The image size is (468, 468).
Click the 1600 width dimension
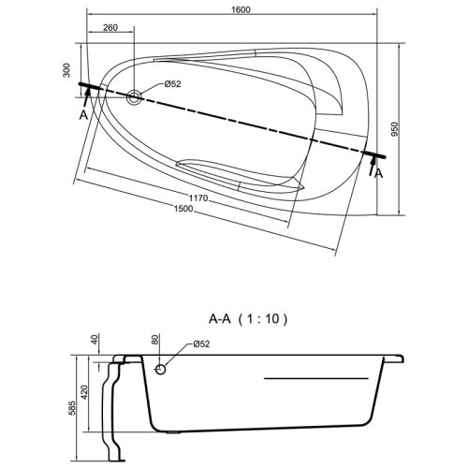241,9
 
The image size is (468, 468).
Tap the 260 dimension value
110,27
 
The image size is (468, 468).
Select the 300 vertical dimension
66,70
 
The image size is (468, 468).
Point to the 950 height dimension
395,129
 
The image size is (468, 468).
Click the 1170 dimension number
198,197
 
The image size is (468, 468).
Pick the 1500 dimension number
183,208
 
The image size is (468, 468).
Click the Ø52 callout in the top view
172,83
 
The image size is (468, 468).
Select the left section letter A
83,115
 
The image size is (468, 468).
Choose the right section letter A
378,173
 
